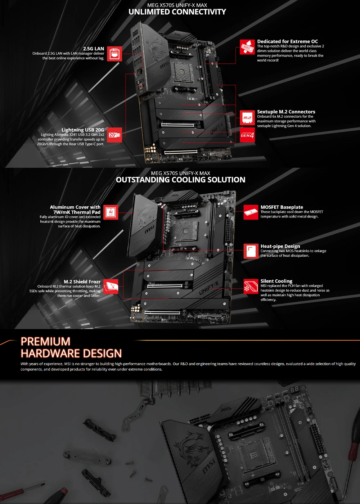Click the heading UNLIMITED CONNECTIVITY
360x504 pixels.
point(177,12)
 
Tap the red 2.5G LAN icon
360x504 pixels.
point(115,54)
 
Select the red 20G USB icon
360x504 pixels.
point(114,135)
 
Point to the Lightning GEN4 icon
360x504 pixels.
point(247,135)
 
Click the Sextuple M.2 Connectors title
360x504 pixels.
point(286,112)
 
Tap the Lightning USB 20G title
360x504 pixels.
point(82,130)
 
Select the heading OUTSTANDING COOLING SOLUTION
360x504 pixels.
point(180,180)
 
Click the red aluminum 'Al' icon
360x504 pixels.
point(111,212)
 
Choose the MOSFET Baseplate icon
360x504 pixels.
point(251,212)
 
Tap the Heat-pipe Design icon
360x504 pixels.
point(251,251)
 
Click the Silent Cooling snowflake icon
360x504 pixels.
point(251,286)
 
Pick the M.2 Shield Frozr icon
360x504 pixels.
point(111,286)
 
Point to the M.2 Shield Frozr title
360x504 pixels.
point(82,282)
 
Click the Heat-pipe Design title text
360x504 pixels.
point(280,246)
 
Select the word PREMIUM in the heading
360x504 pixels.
point(45,341)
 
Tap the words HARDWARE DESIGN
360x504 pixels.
point(71,353)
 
